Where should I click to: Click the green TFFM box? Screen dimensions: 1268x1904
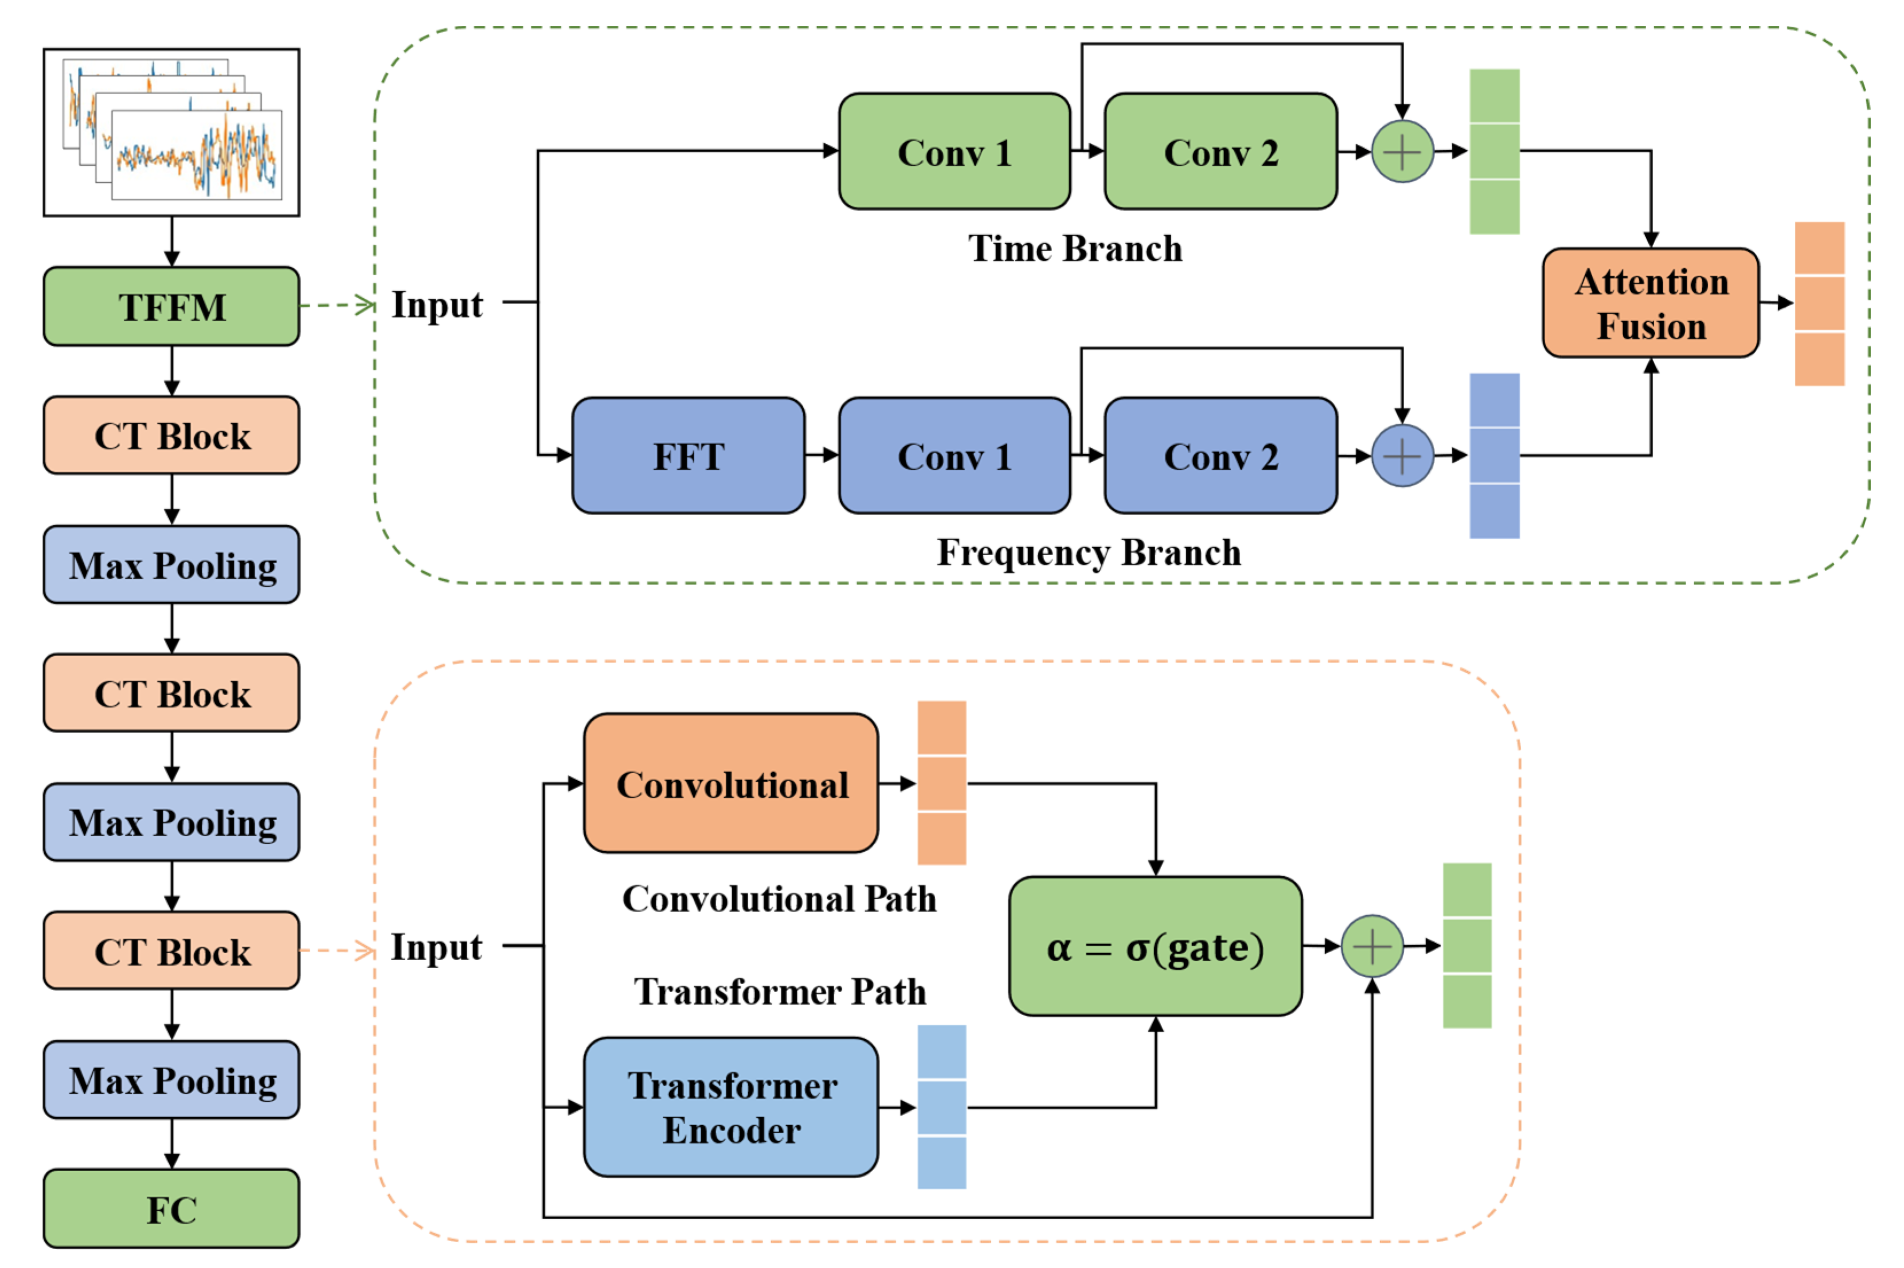click(x=171, y=306)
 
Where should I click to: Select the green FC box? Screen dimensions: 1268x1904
click(x=171, y=1209)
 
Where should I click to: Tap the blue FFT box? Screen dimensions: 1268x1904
click(x=688, y=455)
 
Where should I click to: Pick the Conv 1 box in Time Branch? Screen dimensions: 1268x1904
click(x=954, y=151)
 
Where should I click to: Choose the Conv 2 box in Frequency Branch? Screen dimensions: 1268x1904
click(x=1220, y=455)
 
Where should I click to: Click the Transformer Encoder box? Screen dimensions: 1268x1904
click(x=731, y=1106)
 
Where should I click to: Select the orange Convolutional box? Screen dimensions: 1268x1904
click(x=731, y=783)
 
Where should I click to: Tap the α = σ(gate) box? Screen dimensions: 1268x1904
click(x=1155, y=945)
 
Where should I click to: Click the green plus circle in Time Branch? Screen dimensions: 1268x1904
click(x=1402, y=151)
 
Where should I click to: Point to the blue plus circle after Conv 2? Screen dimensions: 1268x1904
click(x=1402, y=455)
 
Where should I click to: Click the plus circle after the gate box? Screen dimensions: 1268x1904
click(x=1372, y=945)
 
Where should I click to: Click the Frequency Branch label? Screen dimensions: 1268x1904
click(x=1088, y=552)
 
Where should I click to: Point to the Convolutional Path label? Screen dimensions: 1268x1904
click(x=779, y=899)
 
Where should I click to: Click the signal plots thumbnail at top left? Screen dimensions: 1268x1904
click(x=171, y=132)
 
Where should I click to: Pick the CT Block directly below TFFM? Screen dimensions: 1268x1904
click(x=171, y=435)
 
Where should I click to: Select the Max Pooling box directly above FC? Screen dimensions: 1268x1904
click(x=171, y=1079)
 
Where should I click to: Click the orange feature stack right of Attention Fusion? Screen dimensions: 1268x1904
click(x=1819, y=303)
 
